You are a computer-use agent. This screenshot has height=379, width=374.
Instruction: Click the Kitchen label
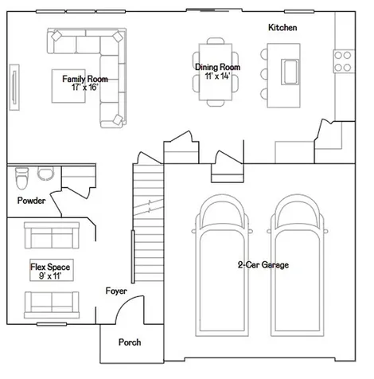(x=282, y=27)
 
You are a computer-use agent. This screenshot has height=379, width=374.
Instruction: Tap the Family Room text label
(x=85, y=79)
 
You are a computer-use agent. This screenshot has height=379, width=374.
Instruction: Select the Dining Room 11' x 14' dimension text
(x=217, y=76)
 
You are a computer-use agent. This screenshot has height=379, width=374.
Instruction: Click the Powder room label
(x=31, y=201)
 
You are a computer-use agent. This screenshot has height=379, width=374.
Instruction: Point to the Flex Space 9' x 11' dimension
(x=50, y=275)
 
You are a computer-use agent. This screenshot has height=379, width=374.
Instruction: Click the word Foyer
(x=116, y=291)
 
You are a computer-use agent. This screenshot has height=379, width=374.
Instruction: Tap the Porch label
(x=130, y=342)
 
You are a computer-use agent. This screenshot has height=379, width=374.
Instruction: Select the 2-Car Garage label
(x=263, y=264)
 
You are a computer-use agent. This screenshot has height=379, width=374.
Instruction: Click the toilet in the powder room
(x=21, y=178)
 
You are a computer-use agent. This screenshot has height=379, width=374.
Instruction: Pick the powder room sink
(x=45, y=174)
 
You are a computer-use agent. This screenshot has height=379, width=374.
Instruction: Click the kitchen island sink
(x=290, y=72)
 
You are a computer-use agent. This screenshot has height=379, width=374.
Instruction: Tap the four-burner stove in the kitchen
(x=344, y=61)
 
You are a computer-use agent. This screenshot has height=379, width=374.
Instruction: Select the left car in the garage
(x=222, y=265)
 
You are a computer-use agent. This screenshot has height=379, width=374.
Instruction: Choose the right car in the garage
(x=298, y=265)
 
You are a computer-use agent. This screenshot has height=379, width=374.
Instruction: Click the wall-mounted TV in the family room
(x=14, y=87)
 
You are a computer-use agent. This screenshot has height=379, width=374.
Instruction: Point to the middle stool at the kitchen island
(x=264, y=74)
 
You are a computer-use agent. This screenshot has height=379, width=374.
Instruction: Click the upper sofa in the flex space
(x=52, y=236)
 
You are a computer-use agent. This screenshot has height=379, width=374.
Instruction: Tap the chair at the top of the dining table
(x=216, y=41)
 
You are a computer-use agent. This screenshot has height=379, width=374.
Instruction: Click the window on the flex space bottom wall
(x=52, y=324)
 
